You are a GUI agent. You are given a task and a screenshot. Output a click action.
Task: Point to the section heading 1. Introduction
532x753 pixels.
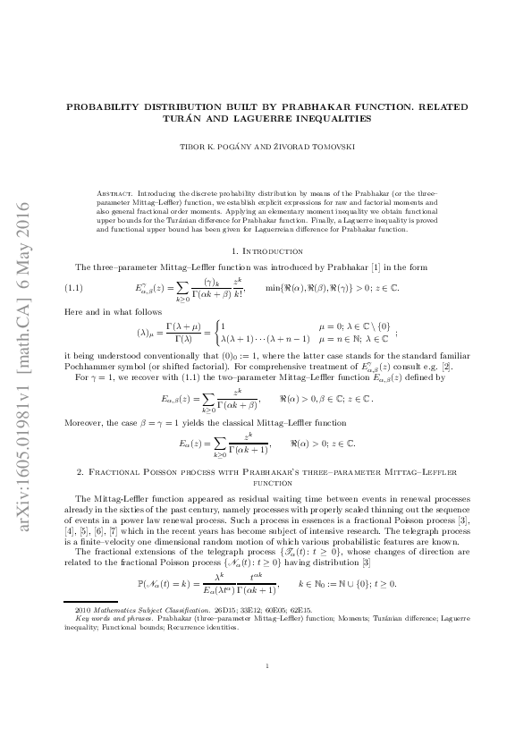(x=266, y=252)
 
